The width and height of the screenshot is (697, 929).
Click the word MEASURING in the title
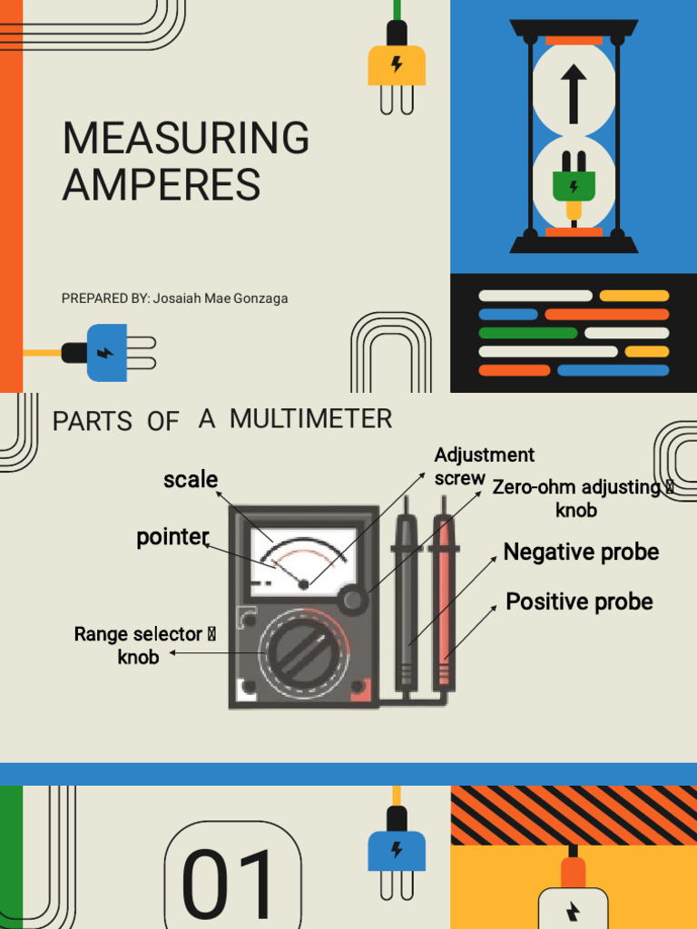pos(185,138)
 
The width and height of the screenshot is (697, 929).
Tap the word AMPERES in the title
pos(161,185)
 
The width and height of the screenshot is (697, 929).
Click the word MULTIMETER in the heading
pos(310,419)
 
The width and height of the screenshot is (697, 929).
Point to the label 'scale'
pos(191,479)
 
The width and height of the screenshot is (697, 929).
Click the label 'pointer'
pos(172,537)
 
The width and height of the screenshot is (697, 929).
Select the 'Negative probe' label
pos(581,552)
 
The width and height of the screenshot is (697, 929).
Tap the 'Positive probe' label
pos(579,601)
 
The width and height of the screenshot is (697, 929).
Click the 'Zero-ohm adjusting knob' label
pos(581,498)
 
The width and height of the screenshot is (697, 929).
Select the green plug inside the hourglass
pos(574,185)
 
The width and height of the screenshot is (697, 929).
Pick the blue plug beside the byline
pos(107,352)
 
